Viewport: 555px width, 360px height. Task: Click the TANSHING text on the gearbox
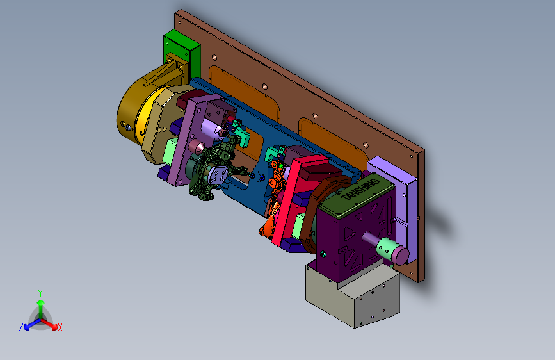361,189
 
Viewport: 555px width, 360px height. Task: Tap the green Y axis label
40,293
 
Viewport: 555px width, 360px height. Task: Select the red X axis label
60,327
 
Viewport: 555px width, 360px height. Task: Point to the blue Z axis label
21,327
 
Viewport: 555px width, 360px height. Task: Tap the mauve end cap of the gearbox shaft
401,256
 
